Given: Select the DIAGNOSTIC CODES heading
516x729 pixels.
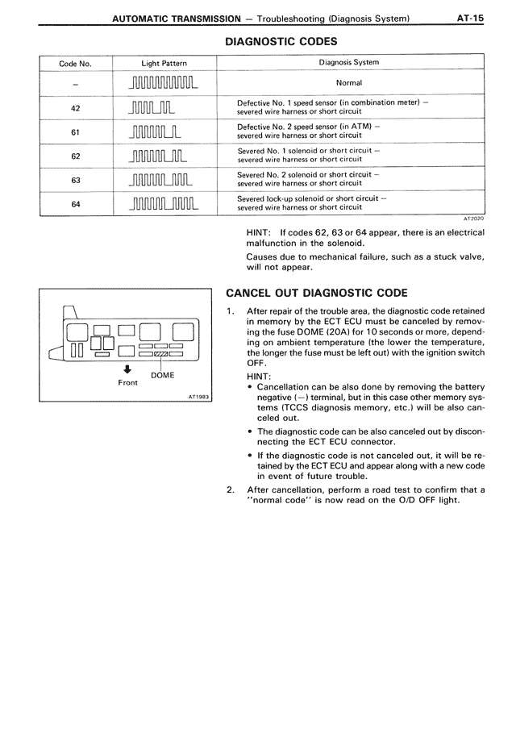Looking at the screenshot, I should pyautogui.click(x=281, y=41).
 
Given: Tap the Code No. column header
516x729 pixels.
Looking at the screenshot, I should pyautogui.click(x=74, y=62).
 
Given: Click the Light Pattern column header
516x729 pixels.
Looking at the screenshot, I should pyautogui.click(x=164, y=62).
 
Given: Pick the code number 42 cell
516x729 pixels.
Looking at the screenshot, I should pyautogui.click(x=74, y=108).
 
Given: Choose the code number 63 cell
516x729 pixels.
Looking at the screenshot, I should pyautogui.click(x=74, y=180).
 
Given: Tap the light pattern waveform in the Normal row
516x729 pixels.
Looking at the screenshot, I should pyautogui.click(x=164, y=83).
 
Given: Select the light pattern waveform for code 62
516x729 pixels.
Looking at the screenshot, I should pyautogui.click(x=164, y=156).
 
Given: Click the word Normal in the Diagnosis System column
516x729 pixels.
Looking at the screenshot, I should pyautogui.click(x=349, y=83).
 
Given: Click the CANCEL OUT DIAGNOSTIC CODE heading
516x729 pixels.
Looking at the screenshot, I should pyautogui.click(x=317, y=293).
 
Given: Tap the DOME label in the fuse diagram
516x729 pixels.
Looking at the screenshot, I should pyautogui.click(x=162, y=375).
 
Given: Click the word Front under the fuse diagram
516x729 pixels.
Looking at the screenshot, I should pyautogui.click(x=128, y=383).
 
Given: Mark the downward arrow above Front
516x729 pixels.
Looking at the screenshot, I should pyautogui.click(x=128, y=371).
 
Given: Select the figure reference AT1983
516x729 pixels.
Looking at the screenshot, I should pyautogui.click(x=198, y=397).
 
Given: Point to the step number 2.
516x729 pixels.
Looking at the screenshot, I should pyautogui.click(x=231, y=489).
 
